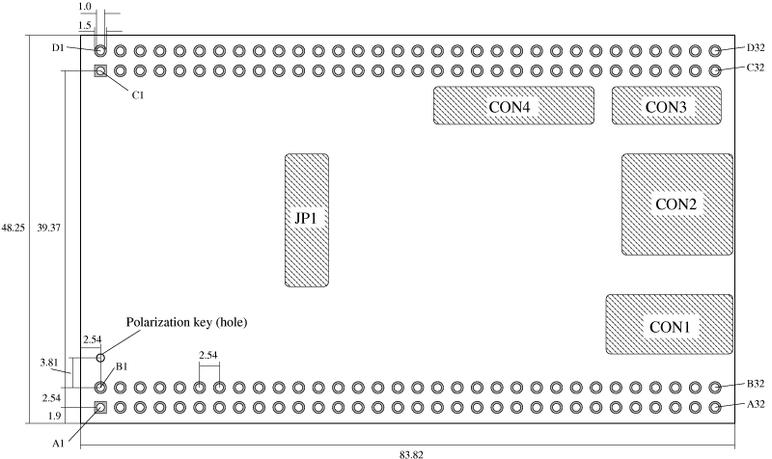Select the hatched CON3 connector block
point(666,105)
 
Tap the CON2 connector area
point(676,204)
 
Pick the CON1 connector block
point(668,326)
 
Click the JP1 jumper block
point(306,220)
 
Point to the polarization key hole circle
point(100,358)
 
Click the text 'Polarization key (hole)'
point(187,322)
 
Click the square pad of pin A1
point(100,407)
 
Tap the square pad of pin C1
point(100,70)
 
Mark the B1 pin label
point(123,366)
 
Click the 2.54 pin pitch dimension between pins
point(208,357)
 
